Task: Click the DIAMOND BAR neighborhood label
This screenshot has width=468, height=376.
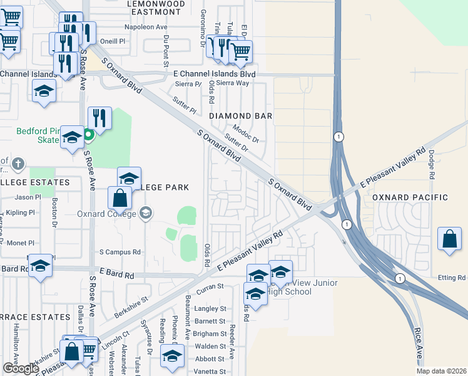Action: point(240,116)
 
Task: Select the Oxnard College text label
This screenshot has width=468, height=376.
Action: point(106,213)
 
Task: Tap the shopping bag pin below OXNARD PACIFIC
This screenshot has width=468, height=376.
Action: point(449,239)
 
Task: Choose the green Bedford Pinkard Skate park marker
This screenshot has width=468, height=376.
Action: point(89,133)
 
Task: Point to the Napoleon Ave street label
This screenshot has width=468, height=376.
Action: point(128,28)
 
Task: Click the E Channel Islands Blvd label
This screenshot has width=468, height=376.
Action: point(214,73)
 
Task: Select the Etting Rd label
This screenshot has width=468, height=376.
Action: point(452,277)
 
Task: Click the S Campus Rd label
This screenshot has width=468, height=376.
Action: point(120,252)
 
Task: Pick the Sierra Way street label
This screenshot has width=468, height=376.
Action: point(233,83)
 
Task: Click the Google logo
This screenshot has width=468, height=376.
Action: point(21,368)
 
